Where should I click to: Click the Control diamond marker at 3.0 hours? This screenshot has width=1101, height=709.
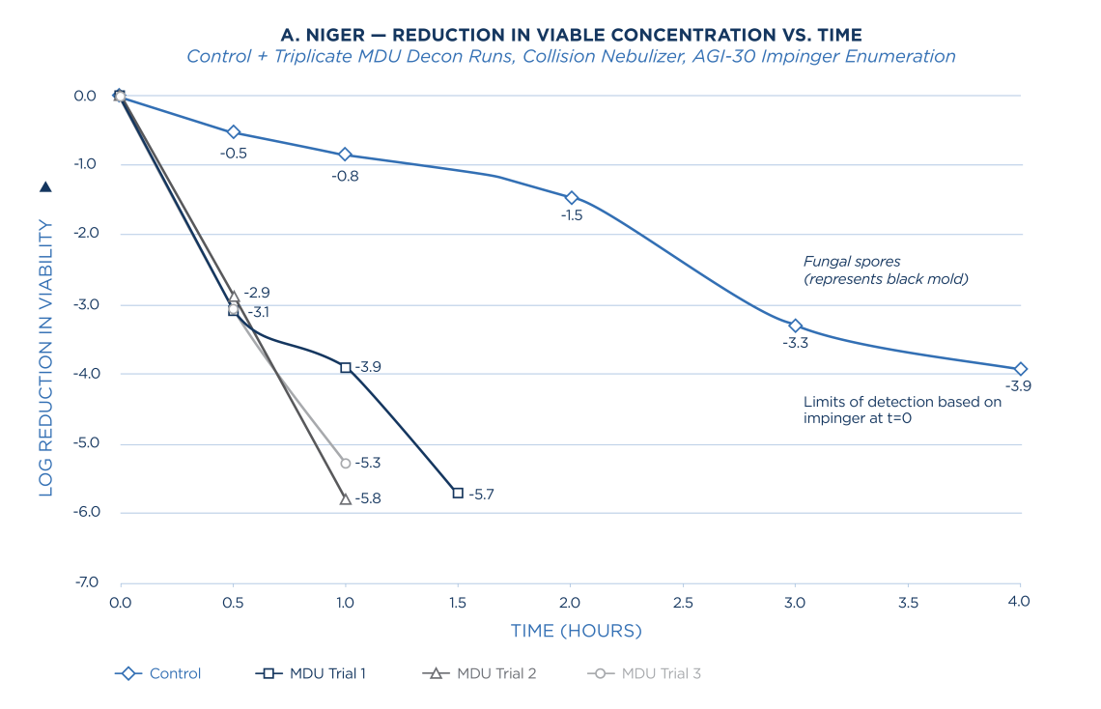point(795,326)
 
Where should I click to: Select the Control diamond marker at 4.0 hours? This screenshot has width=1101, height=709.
point(1021,369)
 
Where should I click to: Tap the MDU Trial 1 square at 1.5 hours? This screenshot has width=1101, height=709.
point(458,493)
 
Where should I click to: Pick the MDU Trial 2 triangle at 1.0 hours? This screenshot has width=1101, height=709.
point(345,498)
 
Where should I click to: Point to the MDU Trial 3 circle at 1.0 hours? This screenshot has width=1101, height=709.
point(346,464)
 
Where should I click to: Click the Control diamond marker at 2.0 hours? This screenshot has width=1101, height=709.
point(571,197)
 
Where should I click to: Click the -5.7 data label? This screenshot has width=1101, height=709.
point(481,495)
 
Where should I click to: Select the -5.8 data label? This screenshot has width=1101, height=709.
point(368,499)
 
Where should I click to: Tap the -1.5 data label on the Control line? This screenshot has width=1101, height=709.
point(571,216)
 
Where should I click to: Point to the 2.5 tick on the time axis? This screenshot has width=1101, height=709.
point(683,602)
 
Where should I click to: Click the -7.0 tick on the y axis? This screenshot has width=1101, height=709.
point(86,582)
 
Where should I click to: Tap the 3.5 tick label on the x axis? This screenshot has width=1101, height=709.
point(908,602)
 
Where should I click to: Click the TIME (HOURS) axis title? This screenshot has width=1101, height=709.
point(576,632)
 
